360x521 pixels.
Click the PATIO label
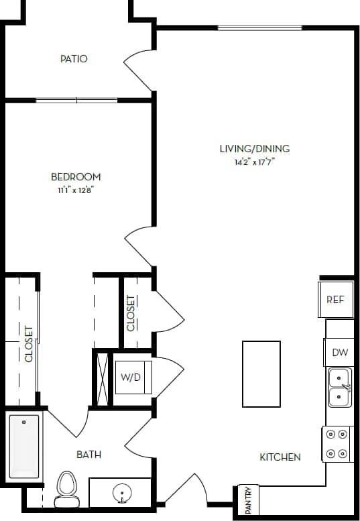(x=74, y=59)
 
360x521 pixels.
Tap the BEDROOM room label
(x=76, y=177)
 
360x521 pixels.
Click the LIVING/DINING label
(x=255, y=149)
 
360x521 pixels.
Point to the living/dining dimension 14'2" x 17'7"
(x=255, y=162)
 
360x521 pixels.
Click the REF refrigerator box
(x=335, y=299)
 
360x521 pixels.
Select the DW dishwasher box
(x=339, y=353)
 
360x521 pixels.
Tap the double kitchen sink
(x=339, y=388)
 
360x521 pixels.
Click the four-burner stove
(x=338, y=444)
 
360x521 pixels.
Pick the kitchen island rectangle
(x=261, y=373)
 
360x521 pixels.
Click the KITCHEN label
(x=280, y=457)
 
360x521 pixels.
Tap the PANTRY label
(x=247, y=500)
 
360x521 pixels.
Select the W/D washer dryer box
(x=131, y=377)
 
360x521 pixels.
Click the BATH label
(x=88, y=455)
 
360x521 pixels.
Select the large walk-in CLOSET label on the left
(x=29, y=343)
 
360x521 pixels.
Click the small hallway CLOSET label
(x=131, y=312)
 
